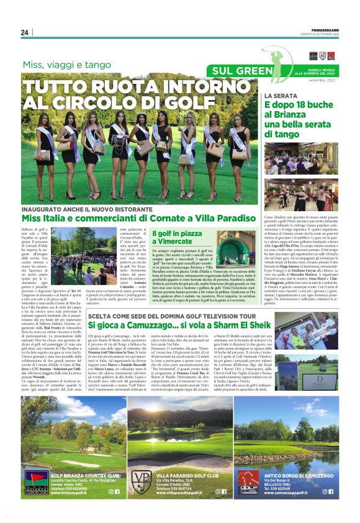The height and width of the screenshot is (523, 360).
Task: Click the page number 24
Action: pyautogui.click(x=25, y=33)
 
